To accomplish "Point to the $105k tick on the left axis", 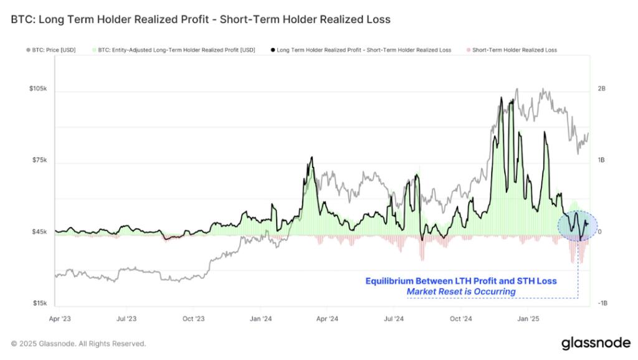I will [38, 89].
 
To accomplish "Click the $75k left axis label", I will [39, 161].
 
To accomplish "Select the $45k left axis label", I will [39, 232].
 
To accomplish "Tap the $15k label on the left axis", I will [39, 304].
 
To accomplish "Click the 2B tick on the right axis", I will [601, 89].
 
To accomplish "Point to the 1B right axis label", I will [601, 161].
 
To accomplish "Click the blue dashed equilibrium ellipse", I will [577, 225].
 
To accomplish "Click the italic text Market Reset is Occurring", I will [461, 291].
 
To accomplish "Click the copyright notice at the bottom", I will [79, 344].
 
